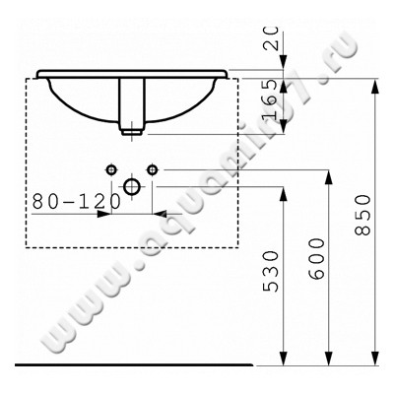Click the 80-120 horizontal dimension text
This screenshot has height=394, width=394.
tap(77, 199)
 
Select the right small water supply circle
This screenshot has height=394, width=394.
tap(152, 167)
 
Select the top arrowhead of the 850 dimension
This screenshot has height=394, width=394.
tap(375, 83)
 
